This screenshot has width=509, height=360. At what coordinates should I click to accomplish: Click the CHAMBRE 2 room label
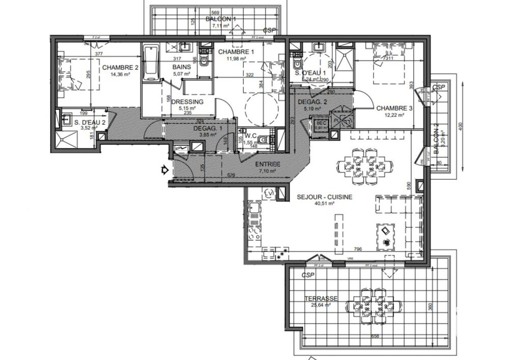pyautogui.click(x=121, y=67)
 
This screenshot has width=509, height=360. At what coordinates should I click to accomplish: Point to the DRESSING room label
pyautogui.click(x=188, y=101)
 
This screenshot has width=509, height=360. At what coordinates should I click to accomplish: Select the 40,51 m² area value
pyautogui.click(x=324, y=203)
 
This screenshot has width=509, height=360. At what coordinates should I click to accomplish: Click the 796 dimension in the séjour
pyautogui.click(x=358, y=249)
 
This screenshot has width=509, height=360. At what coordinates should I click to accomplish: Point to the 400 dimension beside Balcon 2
pyautogui.click(x=460, y=125)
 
